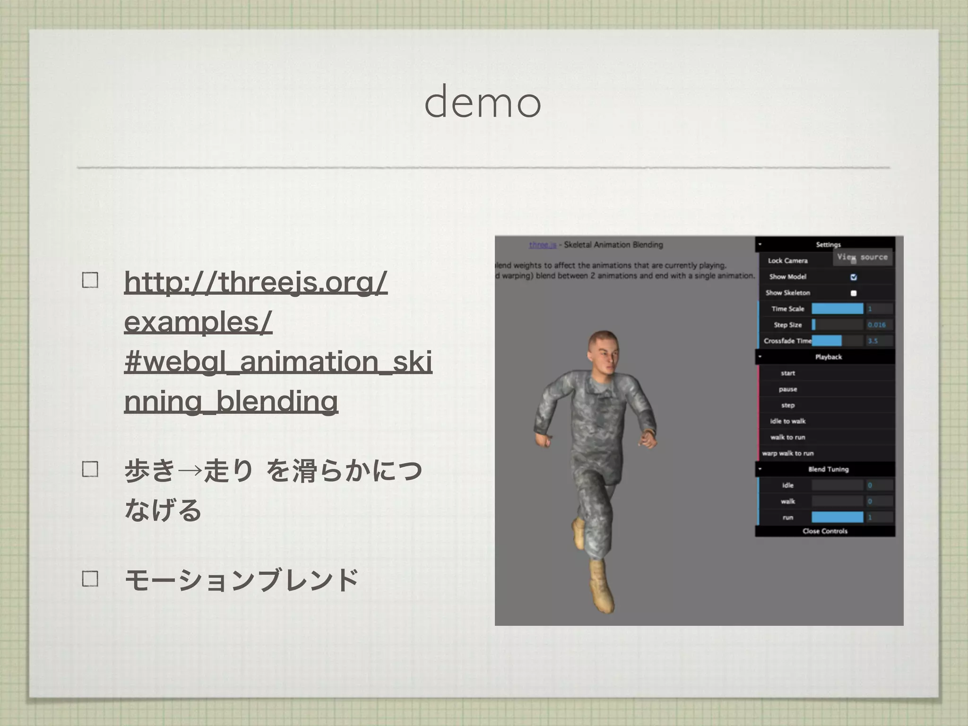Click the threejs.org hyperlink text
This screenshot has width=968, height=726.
click(x=255, y=282)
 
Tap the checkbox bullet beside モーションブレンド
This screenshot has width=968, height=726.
click(x=90, y=579)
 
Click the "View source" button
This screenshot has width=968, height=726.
click(x=862, y=257)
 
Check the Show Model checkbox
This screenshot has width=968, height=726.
click(x=854, y=277)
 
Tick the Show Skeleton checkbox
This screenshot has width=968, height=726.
click(x=854, y=293)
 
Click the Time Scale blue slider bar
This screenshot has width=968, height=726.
click(x=837, y=309)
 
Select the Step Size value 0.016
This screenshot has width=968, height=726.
click(x=877, y=325)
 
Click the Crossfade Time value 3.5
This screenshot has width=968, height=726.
click(x=873, y=341)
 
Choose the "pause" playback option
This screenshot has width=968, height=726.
click(x=788, y=389)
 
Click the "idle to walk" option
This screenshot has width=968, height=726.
click(x=787, y=421)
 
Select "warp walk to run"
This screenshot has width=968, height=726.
click(x=788, y=453)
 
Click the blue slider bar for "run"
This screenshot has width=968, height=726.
click(x=837, y=517)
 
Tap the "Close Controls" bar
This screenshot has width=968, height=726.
click(x=825, y=531)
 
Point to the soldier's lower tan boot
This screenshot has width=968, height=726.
click(x=601, y=586)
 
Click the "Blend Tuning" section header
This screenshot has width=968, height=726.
click(x=828, y=469)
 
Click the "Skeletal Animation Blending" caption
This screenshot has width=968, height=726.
click(x=614, y=245)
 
